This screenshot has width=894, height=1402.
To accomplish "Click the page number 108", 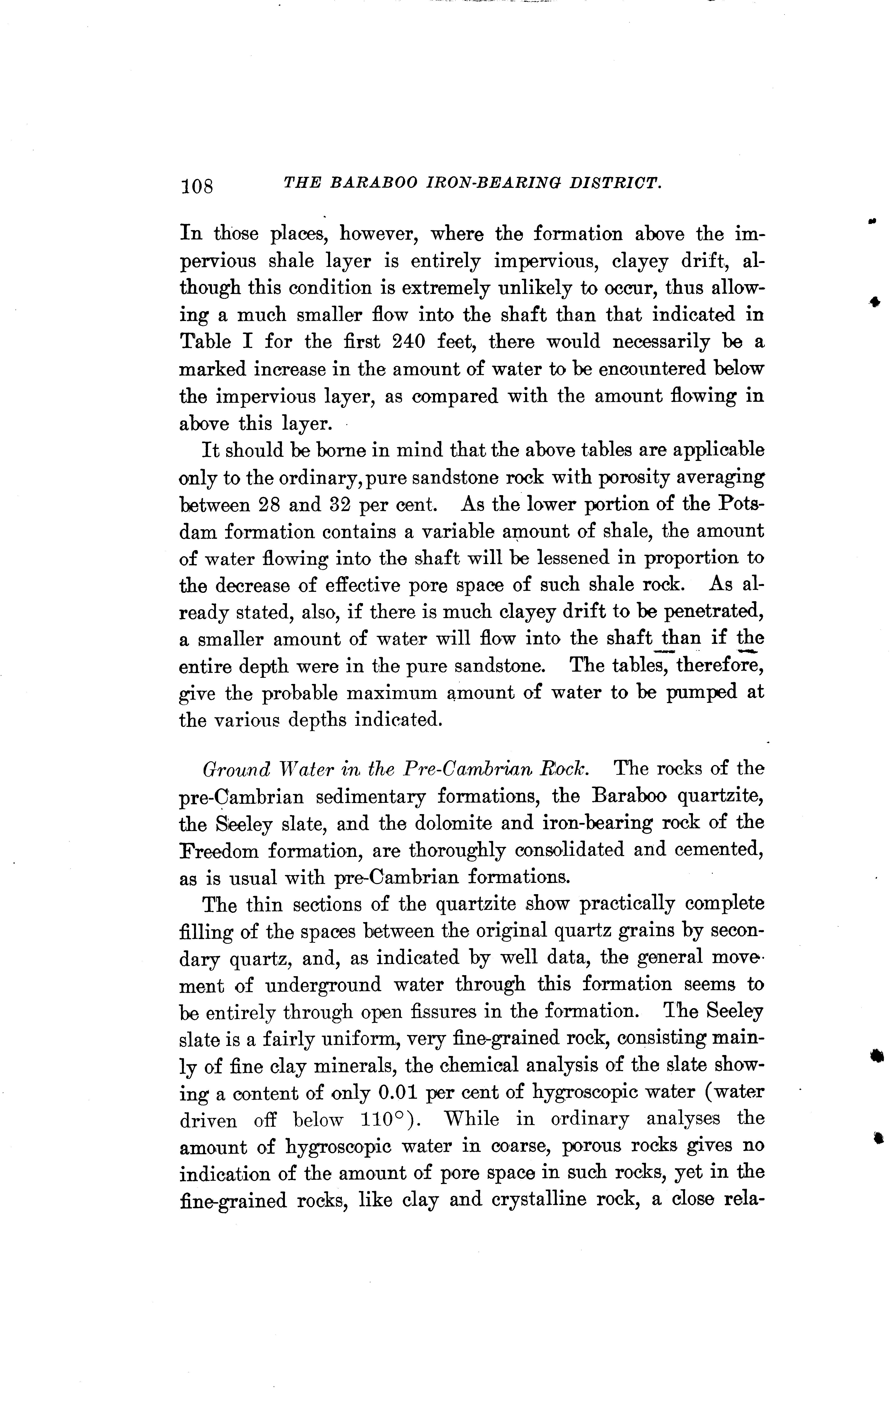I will click(197, 186).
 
